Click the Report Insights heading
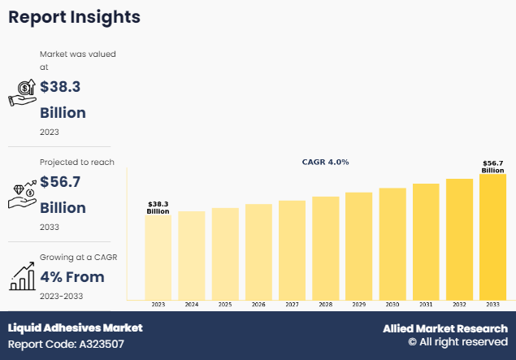74,17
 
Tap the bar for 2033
492,236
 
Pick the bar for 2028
326,247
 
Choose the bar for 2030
392,243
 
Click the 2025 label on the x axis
225,304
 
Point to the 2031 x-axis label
426,304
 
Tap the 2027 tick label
292,304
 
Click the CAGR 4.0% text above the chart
325,162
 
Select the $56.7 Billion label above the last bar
492,167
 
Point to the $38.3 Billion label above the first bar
158,207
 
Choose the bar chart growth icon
22,278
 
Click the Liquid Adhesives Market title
75,327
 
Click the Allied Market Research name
445,328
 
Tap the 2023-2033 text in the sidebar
61,297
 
